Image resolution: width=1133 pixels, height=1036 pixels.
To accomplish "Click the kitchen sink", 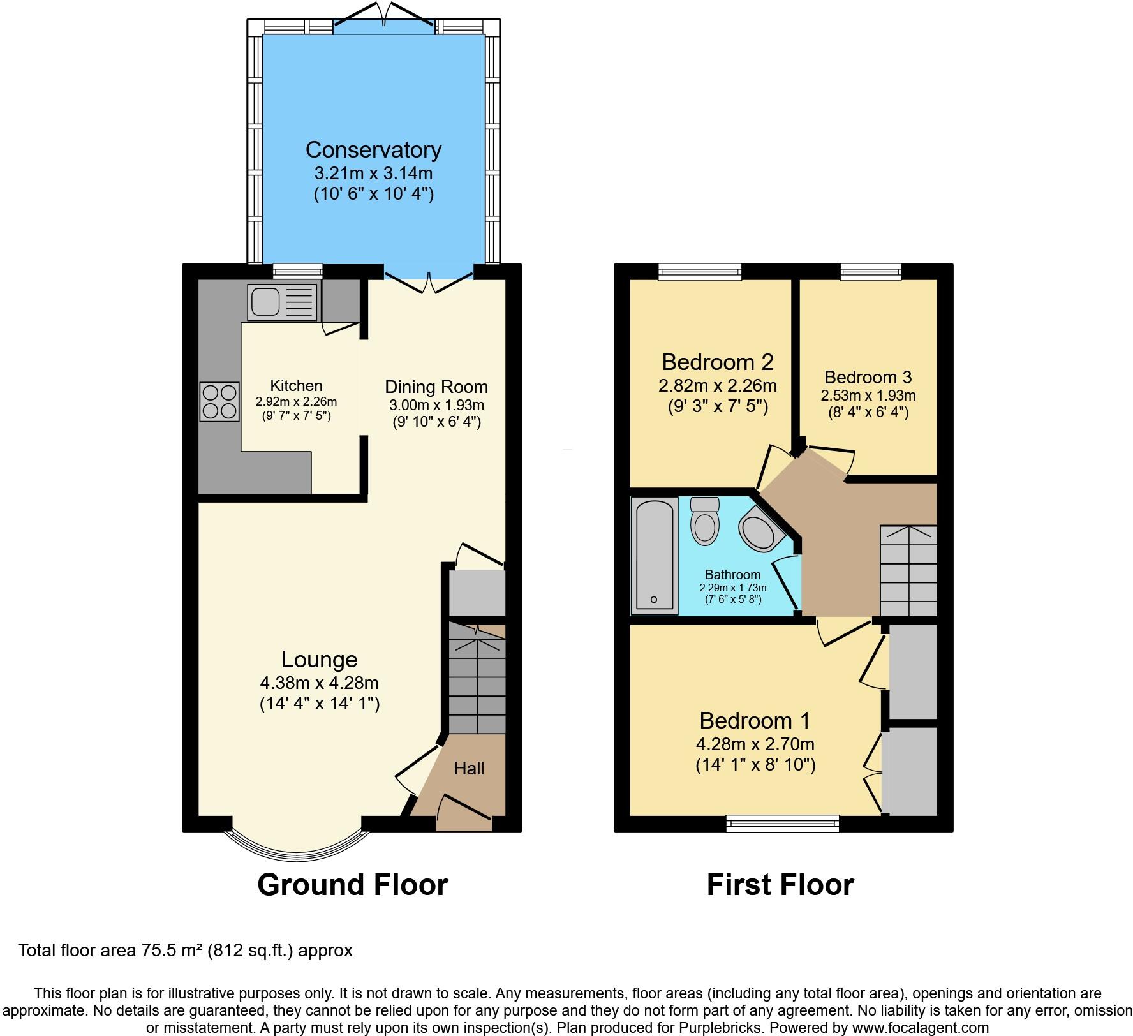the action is click(x=283, y=302).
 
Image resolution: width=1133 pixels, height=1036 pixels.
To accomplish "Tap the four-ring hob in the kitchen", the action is click(x=220, y=401).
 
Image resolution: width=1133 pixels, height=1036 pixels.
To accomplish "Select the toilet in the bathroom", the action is click(x=705, y=521).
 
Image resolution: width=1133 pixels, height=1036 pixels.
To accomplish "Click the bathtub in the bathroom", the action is click(x=655, y=555).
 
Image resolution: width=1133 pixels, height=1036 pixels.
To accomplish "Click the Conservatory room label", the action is click(x=373, y=149).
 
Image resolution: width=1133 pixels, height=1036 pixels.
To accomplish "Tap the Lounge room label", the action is click(x=320, y=659).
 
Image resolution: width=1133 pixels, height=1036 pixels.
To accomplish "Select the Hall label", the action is click(x=469, y=768).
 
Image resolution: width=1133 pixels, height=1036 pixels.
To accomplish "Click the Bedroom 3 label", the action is click(x=868, y=377).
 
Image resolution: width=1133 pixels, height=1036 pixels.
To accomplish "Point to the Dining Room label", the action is click(x=436, y=387).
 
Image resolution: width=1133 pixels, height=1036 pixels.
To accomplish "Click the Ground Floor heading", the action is click(x=352, y=885).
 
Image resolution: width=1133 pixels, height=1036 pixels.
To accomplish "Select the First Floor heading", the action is click(x=780, y=885).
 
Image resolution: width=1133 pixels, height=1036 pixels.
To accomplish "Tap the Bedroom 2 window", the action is click(x=700, y=272).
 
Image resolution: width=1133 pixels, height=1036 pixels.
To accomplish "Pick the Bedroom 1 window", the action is click(x=783, y=824).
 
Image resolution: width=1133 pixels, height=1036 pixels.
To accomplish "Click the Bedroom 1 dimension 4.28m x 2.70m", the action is click(x=755, y=744).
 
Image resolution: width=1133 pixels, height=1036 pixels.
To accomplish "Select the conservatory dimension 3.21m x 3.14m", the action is click(x=373, y=173).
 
